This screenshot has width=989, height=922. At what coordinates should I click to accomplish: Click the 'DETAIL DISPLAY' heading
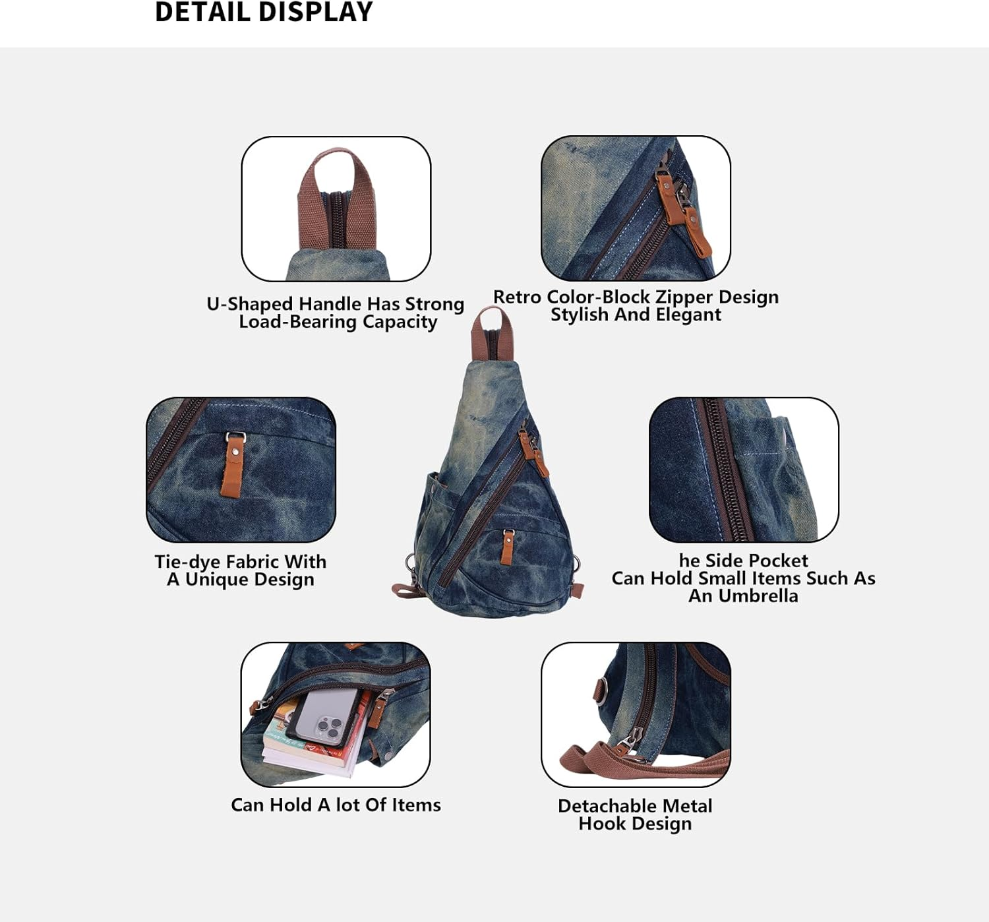(x=264, y=13)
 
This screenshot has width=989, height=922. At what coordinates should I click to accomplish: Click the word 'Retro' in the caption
(x=517, y=297)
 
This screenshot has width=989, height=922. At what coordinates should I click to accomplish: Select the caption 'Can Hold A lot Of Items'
(x=336, y=805)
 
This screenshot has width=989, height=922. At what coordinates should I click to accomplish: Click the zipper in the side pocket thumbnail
(x=725, y=468)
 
